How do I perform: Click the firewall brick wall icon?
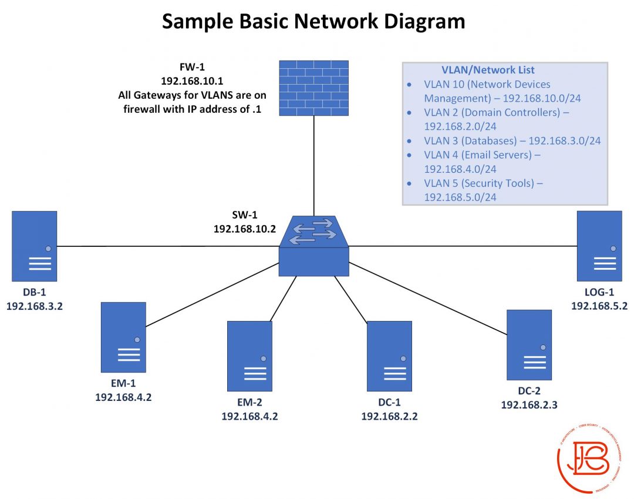313,88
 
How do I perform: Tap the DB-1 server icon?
35,246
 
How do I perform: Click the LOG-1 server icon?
599,246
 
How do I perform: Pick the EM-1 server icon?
123,337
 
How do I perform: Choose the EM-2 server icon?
249,356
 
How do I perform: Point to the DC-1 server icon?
389,356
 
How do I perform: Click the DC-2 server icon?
530,344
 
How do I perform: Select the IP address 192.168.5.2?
599,306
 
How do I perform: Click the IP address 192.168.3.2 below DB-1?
34,306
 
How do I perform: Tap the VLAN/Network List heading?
488,70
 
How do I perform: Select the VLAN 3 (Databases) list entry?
512,140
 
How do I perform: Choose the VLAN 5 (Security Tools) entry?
483,183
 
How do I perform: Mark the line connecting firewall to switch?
313,165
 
